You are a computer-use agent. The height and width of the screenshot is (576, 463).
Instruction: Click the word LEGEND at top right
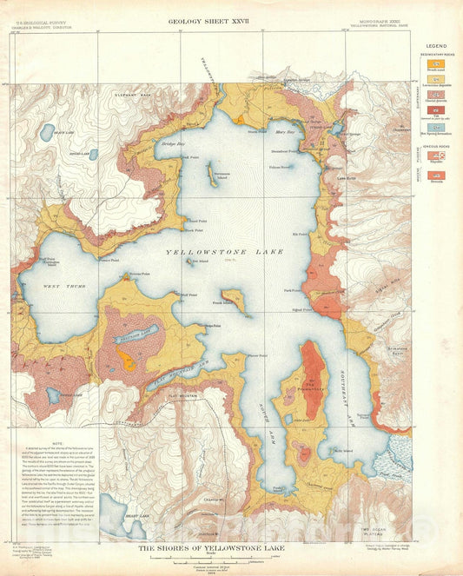(x=437, y=45)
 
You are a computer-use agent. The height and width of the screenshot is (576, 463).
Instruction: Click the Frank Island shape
(x=233, y=301)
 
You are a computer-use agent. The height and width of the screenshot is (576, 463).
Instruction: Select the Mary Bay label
(x=285, y=132)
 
